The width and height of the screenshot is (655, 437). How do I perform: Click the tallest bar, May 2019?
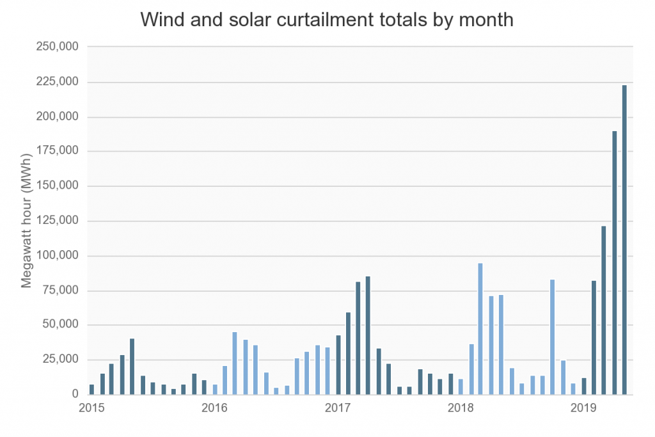click(x=624, y=239)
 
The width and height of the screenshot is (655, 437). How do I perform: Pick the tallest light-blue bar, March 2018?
click(x=480, y=329)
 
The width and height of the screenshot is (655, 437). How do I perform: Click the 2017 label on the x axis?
click(x=336, y=408)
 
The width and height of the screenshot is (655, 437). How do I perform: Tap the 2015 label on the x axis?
click(x=91, y=408)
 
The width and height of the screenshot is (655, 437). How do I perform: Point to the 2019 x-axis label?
click(x=583, y=408)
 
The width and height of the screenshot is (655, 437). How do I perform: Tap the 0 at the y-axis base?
click(x=74, y=395)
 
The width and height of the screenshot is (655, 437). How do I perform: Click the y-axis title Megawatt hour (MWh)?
click(x=27, y=221)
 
